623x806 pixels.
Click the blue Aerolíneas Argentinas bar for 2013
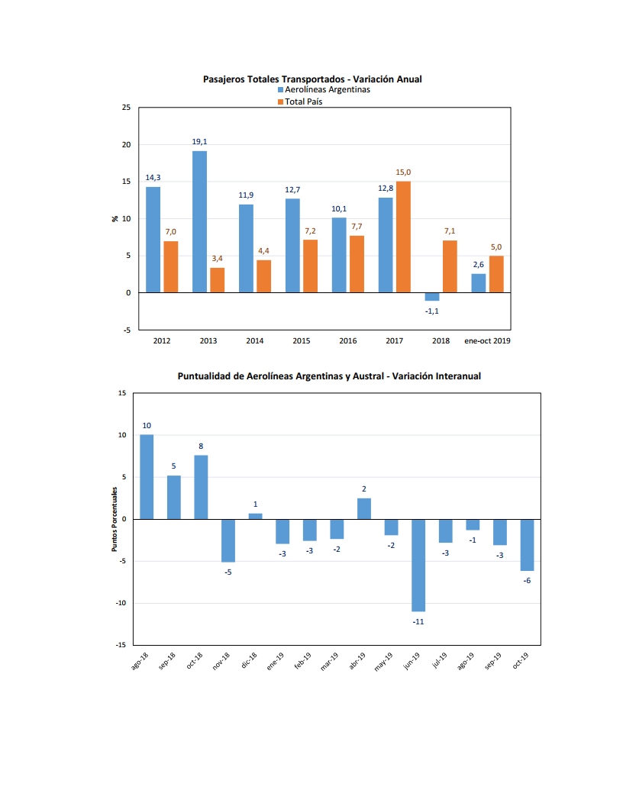point(199,221)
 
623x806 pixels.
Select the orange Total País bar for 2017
point(403,237)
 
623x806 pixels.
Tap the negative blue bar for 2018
point(432,297)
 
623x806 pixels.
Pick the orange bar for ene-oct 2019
point(496,274)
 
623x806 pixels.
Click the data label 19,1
point(199,142)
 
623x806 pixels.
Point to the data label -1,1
point(432,311)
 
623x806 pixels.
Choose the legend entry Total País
point(300,102)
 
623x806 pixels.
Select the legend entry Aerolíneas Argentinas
point(324,89)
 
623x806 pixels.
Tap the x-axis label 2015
point(302,341)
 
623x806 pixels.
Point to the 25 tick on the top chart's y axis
point(127,108)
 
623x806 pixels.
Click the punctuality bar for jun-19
point(418,566)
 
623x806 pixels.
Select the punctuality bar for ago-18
point(147,477)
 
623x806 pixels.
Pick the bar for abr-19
point(364,509)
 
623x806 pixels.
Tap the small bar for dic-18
point(256,516)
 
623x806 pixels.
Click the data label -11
point(418,622)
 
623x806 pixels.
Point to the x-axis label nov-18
point(221,661)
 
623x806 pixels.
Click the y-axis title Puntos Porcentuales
point(115,519)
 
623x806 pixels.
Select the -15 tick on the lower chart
point(121,645)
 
